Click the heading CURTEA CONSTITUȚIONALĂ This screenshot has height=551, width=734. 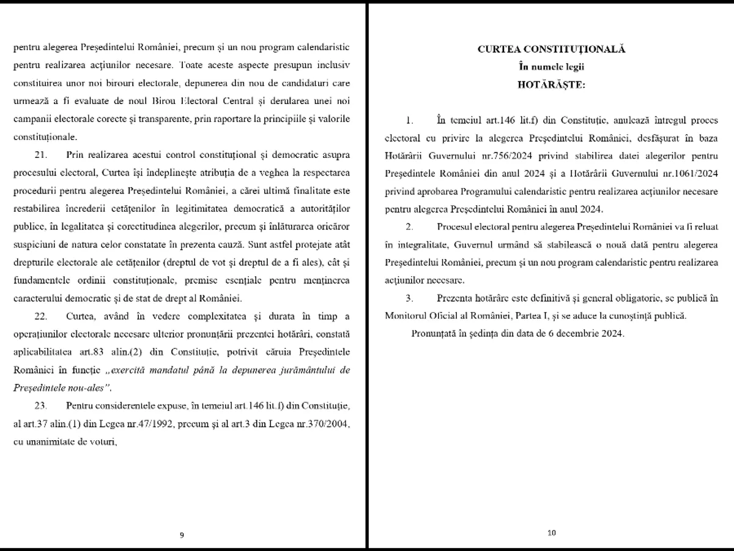(551, 50)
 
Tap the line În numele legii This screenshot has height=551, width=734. (551, 67)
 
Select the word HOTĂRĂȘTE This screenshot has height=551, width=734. (551, 84)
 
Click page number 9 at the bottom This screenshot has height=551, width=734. (182, 534)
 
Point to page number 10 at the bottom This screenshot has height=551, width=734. (551, 533)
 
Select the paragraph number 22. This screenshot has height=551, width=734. (40, 317)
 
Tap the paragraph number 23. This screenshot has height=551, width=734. (40, 407)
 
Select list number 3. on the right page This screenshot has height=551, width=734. (409, 298)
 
